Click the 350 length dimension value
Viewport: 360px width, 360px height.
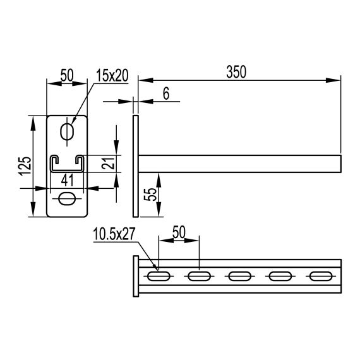tap(236, 72)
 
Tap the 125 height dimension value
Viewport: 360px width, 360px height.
tap(25, 166)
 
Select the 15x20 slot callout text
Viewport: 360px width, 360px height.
tap(112, 76)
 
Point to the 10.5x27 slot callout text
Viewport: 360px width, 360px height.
tap(114, 234)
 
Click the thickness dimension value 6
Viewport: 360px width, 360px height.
tap(166, 93)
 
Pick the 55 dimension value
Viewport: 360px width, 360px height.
tap(150, 195)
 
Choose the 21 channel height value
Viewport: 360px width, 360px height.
tap(109, 162)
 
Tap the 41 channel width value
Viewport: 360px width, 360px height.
tap(68, 180)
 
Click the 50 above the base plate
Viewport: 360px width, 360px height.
tap(67, 75)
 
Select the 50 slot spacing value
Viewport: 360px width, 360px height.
tap(179, 232)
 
